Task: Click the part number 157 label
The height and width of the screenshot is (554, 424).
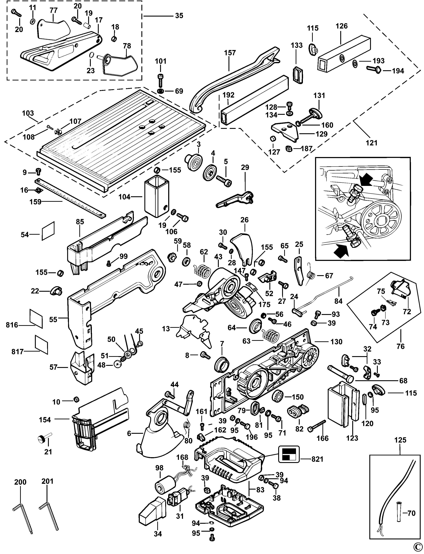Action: (x=230, y=53)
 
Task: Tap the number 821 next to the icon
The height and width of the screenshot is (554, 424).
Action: (x=317, y=459)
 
